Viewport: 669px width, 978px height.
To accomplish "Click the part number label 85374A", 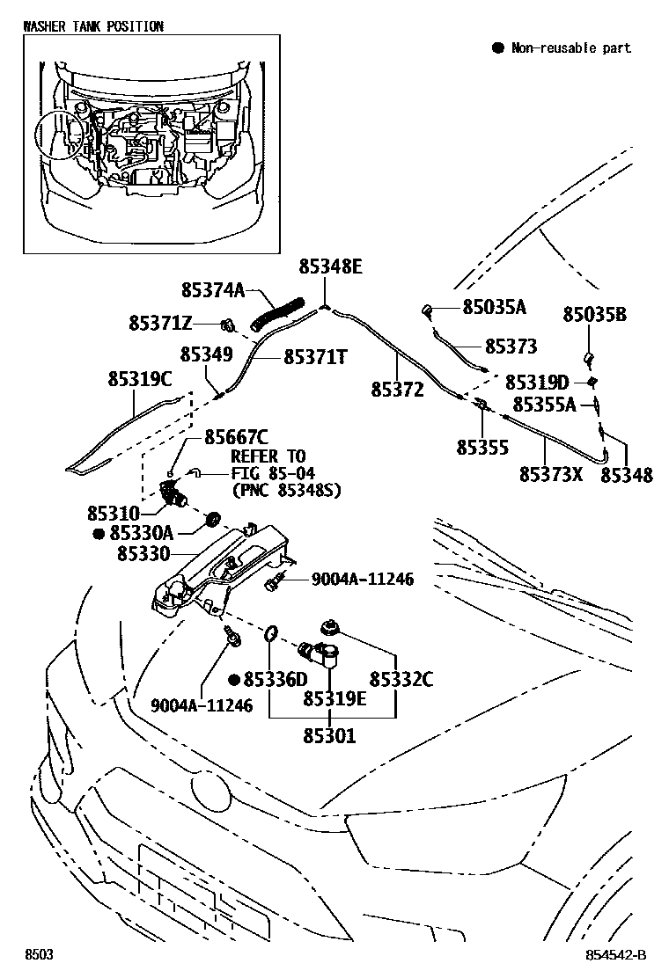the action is pos(213,290).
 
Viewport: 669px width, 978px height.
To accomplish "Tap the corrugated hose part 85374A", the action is pos(277,314).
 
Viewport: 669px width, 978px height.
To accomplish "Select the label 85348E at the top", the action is pos(330,267).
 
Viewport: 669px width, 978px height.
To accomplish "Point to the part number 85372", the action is pos(398,390).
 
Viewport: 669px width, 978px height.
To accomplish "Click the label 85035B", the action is pos(595,314).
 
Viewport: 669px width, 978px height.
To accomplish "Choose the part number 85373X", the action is pos(551,475).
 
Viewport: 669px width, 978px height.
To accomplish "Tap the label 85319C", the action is pos(140,378).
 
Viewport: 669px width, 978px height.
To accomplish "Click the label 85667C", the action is pos(237,436).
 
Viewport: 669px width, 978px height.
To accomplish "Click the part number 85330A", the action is pos(141,533).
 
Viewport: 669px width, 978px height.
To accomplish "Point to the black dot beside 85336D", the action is pos(234,679).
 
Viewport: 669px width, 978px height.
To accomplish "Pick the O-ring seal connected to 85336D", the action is pos(270,635).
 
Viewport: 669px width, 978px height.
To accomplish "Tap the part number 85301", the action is pos(329,736).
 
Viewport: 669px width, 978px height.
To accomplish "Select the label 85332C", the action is pos(401,679).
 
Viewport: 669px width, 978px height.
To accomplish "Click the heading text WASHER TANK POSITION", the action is pos(93,26).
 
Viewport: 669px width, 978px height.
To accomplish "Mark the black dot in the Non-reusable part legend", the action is pos(497,47).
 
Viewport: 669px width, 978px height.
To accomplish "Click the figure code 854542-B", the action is pos(615,955).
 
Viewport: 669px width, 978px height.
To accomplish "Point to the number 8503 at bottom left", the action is pos(39,955).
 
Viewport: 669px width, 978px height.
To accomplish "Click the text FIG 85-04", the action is pos(273,473).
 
